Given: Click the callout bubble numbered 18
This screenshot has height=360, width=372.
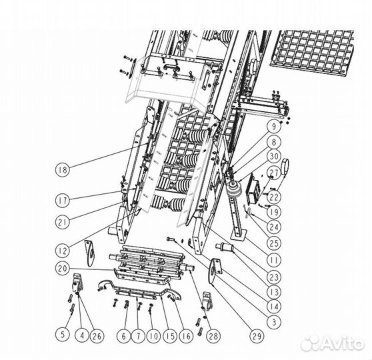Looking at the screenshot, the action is tap(63, 170).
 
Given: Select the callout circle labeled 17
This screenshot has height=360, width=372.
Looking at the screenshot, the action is tap(63, 200).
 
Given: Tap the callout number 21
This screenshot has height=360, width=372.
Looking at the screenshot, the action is tap(63, 222).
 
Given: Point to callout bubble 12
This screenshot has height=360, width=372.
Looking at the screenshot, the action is tap(63, 251).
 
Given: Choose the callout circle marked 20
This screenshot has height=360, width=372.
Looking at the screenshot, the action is tap(63, 269).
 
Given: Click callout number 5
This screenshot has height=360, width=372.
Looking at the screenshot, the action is tap(63, 335).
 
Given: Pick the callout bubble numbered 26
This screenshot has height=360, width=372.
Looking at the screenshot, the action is tap(97, 335).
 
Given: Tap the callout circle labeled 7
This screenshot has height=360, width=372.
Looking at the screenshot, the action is tap(139, 335).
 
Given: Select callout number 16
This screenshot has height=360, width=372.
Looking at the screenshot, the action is tap(187, 335).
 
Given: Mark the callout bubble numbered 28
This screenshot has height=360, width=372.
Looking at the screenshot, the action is tap(213, 335).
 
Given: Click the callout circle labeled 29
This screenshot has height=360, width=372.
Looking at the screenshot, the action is tap(257, 335).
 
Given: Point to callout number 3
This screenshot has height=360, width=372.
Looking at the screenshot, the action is tap(274, 322).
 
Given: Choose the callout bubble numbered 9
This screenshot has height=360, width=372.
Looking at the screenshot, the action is tap(274, 127).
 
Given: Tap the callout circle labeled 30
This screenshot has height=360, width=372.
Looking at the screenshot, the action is tap(274, 156).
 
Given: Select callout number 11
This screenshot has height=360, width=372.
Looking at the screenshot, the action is tap(274, 259).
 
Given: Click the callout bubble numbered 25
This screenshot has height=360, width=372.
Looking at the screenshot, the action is tap(274, 243).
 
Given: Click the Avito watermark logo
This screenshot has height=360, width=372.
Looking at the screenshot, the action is tap(333, 343).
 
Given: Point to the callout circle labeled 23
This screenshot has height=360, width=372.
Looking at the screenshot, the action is tap(274, 277).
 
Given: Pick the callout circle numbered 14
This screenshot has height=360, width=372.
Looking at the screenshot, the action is tap(274, 307).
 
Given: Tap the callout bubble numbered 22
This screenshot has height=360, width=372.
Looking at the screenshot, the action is tap(274, 197).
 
